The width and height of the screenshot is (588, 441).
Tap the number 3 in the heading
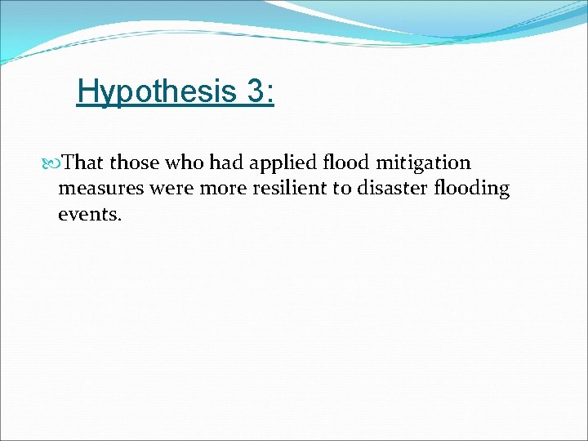pos(254,91)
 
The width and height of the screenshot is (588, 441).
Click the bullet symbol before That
pos(55,163)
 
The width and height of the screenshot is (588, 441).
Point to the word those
pos(135,163)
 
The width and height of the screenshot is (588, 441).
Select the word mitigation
pos(424,163)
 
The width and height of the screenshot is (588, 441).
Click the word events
pos(88,214)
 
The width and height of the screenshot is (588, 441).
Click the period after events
pos(119,219)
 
